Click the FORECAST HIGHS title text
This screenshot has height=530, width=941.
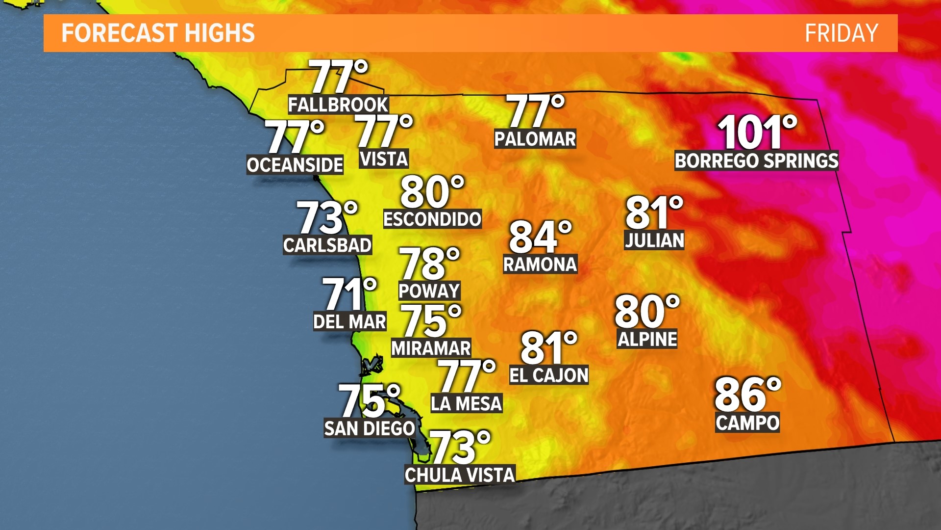(158, 33)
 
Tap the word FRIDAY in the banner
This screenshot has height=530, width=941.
(841, 33)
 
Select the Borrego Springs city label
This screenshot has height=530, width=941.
(756, 161)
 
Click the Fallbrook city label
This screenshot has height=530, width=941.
(338, 105)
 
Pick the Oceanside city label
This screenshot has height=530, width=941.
(295, 165)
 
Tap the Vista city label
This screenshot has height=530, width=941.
(384, 159)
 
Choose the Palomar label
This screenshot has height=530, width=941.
(535, 139)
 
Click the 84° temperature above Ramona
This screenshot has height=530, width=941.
(540, 237)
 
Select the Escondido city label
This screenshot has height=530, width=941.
(432, 219)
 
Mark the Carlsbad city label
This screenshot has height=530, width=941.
(327, 245)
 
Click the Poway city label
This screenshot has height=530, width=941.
(429, 291)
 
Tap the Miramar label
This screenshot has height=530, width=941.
(431, 348)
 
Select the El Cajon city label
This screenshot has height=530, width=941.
(548, 375)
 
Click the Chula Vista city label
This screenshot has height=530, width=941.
(460, 475)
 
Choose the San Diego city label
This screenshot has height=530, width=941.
(370, 428)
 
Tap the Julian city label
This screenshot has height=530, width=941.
(654, 240)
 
